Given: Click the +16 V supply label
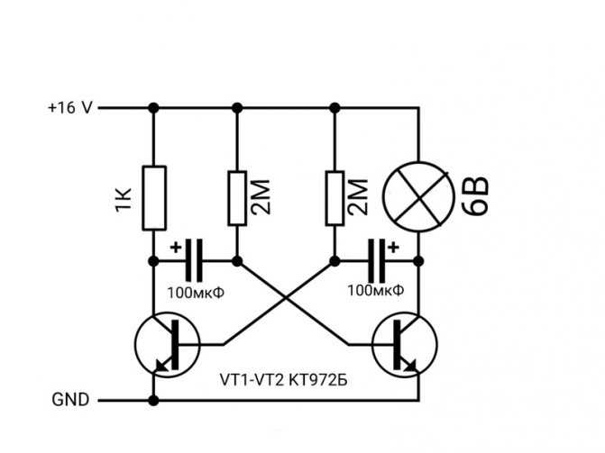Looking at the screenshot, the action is pos(70,107).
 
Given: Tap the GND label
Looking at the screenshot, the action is pos(70,400).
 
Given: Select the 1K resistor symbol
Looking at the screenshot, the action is pos(154,198).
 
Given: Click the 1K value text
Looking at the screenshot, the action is pos(124,200).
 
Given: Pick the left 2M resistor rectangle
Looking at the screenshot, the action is pos(237,198).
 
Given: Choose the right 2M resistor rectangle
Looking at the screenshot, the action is pos(335,198).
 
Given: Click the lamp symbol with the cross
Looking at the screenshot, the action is pos(418,197).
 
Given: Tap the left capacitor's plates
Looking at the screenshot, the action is pos(194,260).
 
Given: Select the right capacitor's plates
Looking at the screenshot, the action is pos(376,260).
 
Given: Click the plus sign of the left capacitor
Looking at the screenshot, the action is pos(176,248).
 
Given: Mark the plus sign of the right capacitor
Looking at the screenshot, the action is pos(393,247).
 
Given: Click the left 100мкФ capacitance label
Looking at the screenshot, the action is pos(196,293).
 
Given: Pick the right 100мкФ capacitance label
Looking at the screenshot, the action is pos(376,290).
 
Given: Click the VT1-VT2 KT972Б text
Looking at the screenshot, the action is pos(284,380).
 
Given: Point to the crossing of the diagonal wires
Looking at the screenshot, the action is pos(286,297).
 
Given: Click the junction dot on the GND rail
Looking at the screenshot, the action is pos(153,401).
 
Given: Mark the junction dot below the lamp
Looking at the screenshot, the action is pos(418,261).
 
